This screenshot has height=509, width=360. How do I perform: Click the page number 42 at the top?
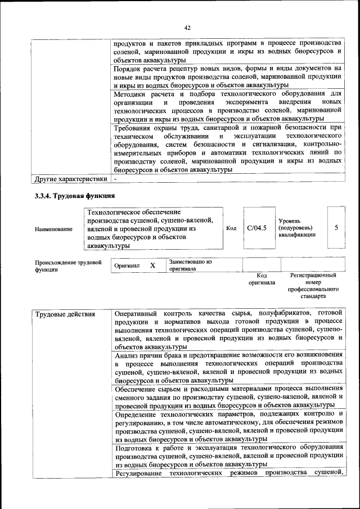pos(187,28)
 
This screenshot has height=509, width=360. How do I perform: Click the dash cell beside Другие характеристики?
pos(115,179)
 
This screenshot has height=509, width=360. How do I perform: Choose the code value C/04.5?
pos(256,228)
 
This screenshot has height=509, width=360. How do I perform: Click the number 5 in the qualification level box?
pos(336,228)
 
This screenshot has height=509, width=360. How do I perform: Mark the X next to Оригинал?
pos(152,265)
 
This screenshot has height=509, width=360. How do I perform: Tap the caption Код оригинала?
pos(262,279)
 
